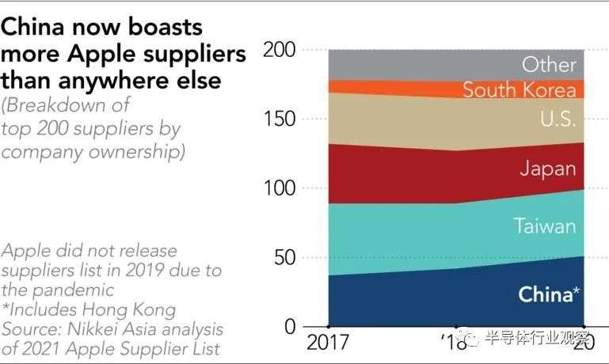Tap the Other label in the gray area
point(549,64)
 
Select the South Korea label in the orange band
point(519,89)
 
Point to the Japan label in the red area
point(548,168)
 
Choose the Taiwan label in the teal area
point(544,226)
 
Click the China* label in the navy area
point(549,294)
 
